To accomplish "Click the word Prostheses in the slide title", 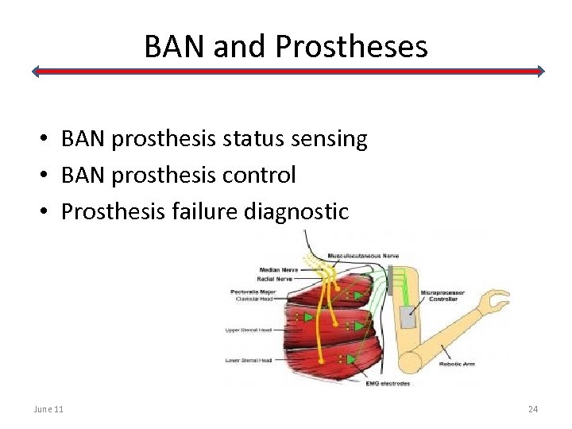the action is click(x=351, y=48).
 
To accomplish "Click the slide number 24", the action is click(x=532, y=409).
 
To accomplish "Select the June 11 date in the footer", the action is click(x=49, y=409).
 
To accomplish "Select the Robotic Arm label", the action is click(x=458, y=365).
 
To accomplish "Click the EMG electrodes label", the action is click(x=388, y=384).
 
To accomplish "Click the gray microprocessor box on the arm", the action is click(x=408, y=317).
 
